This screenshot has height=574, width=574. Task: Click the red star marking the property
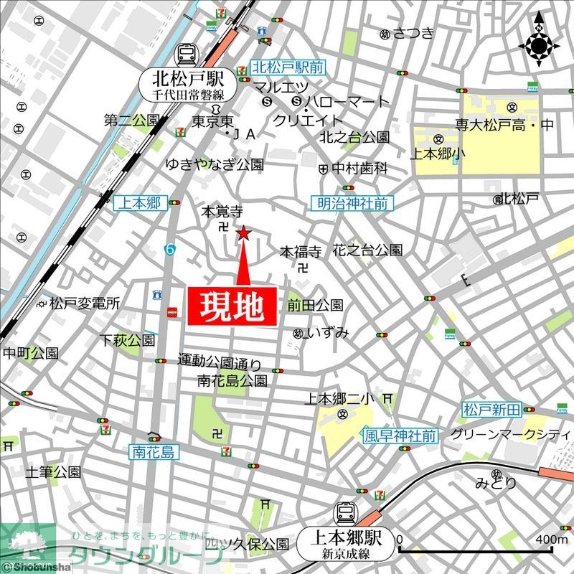coord(244,233)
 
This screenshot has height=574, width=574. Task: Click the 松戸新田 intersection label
coord(491,410)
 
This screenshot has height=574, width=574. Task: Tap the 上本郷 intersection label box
coord(140,203)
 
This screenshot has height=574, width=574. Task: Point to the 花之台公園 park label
coord(367,250)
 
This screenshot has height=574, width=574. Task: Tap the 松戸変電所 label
coord(84,304)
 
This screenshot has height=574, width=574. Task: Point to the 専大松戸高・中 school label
coord(505,125)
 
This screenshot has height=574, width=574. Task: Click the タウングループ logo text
coord(136,556)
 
